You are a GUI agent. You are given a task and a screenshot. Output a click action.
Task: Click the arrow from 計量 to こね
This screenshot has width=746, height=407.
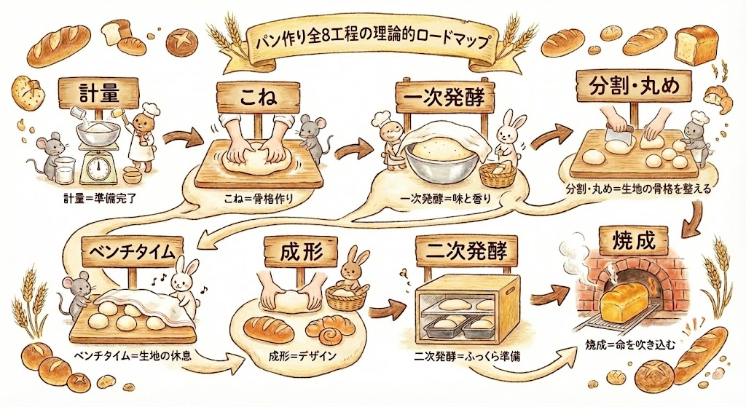[180, 135]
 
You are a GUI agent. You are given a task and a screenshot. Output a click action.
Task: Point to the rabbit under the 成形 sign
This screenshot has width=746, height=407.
[354, 270]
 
